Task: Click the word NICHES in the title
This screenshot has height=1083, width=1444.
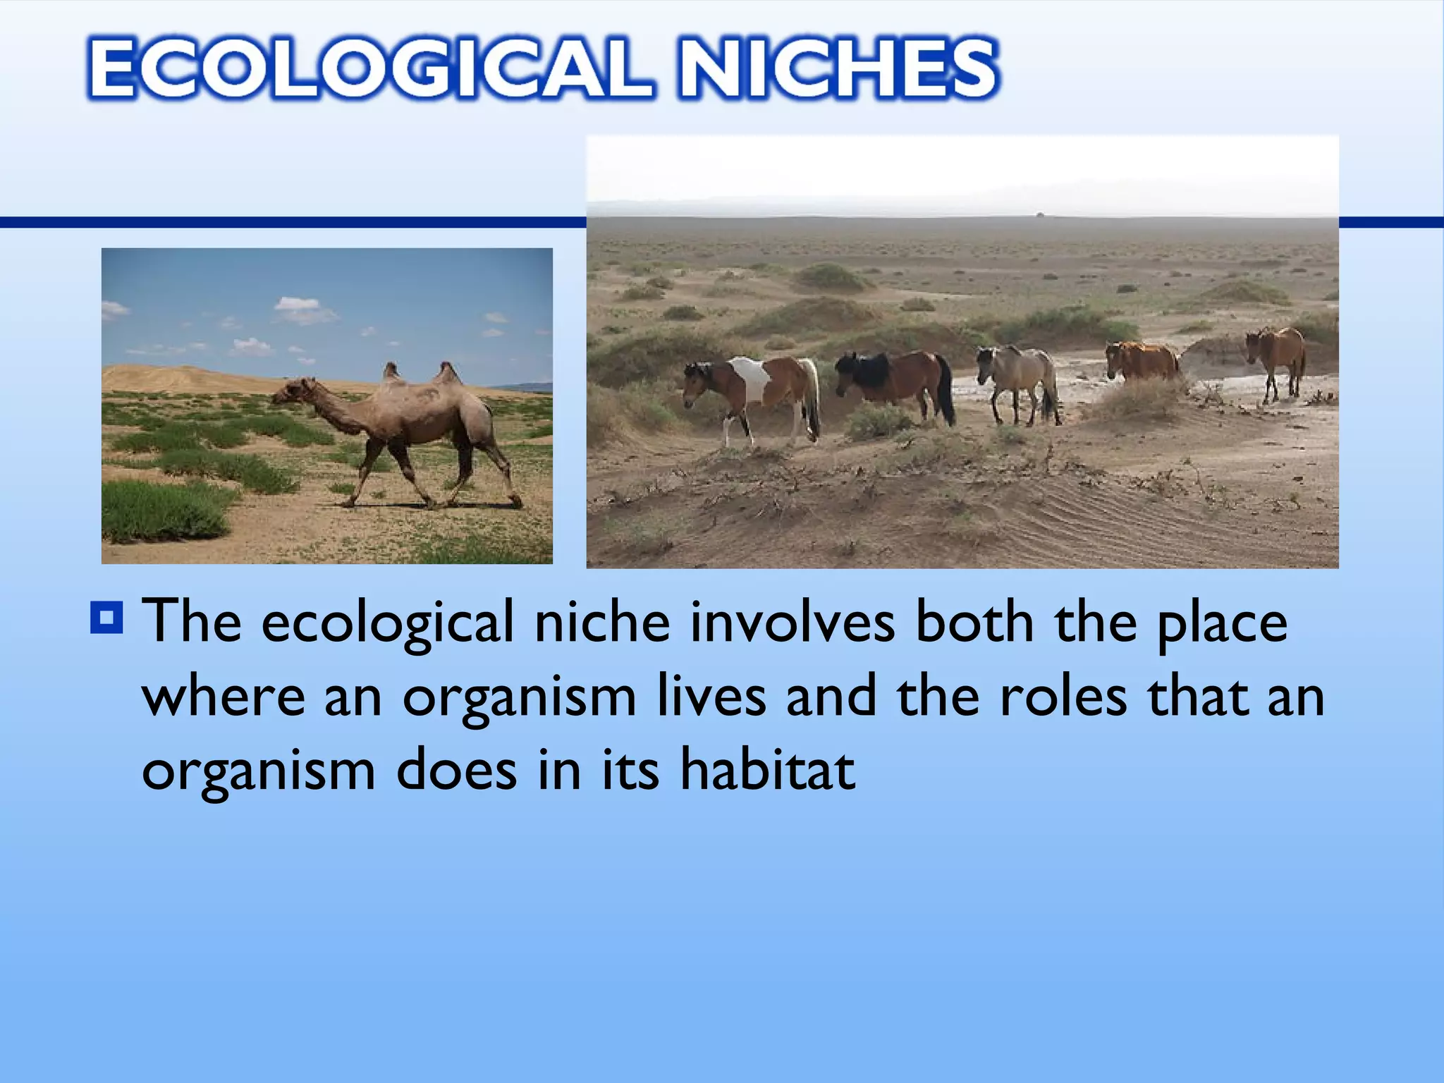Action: pyautogui.click(x=838, y=68)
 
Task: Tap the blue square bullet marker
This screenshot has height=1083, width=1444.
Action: pyautogui.click(x=107, y=617)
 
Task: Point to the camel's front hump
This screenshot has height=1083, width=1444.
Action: pyautogui.click(x=392, y=372)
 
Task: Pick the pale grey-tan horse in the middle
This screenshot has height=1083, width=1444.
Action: pyautogui.click(x=1019, y=377)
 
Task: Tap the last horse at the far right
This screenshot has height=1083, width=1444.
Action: pyautogui.click(x=1278, y=356)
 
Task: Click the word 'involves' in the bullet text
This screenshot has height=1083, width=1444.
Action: pyautogui.click(x=792, y=622)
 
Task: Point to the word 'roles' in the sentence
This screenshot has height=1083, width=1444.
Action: pyautogui.click(x=1063, y=696)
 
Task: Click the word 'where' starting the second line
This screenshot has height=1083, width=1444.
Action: pyautogui.click(x=224, y=696)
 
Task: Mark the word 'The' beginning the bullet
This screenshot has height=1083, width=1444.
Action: pyautogui.click(x=192, y=622)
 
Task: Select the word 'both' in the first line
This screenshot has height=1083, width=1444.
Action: pyautogui.click(x=974, y=622)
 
